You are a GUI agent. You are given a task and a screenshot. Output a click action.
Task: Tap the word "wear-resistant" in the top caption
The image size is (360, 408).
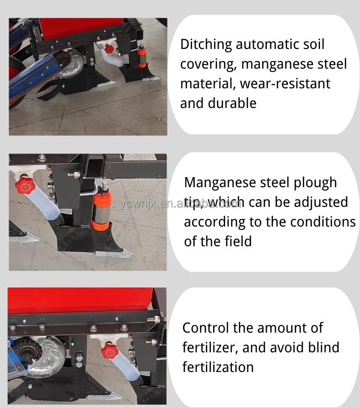click(x=285, y=84)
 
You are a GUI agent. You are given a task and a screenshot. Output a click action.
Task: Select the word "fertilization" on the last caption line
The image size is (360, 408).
click(x=218, y=367)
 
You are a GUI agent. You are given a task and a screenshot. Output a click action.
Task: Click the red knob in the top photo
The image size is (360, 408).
click(x=109, y=49)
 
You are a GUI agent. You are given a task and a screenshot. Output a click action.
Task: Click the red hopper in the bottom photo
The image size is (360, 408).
click(x=82, y=300)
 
